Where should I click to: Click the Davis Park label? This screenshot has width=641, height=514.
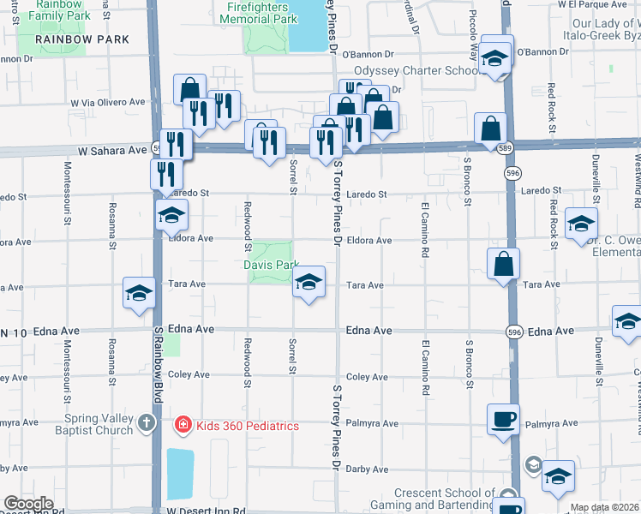click(x=270, y=265)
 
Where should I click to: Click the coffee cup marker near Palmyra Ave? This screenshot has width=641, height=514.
click(x=503, y=420)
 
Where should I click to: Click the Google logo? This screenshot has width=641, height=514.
click(x=28, y=503)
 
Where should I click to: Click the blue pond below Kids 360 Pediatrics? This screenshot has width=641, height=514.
click(x=181, y=473)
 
